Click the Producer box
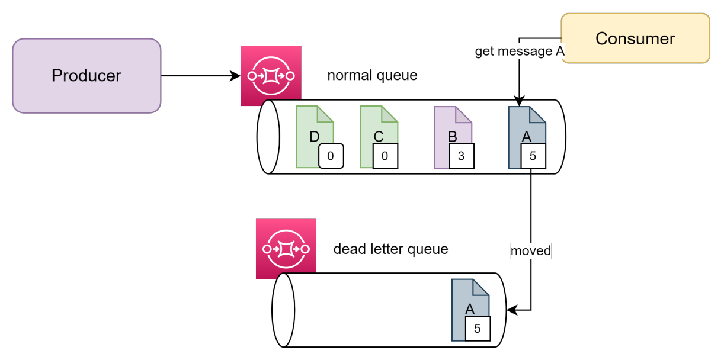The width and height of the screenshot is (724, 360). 87,76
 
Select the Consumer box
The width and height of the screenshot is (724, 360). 635,38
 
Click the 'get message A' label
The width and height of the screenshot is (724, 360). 520,52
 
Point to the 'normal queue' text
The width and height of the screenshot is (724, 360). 372,76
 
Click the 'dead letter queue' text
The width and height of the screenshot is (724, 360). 390,249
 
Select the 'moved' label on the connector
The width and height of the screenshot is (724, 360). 531,250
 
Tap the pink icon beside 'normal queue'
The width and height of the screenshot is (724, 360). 271,76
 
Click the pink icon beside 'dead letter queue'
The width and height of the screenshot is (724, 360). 286,249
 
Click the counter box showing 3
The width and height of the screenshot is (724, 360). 462,156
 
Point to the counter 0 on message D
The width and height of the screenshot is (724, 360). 331,156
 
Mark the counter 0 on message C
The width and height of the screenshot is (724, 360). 385,156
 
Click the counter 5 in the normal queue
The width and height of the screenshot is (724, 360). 533,156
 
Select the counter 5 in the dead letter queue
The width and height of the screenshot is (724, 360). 478,329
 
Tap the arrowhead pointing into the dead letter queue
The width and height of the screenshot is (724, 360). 511,310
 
